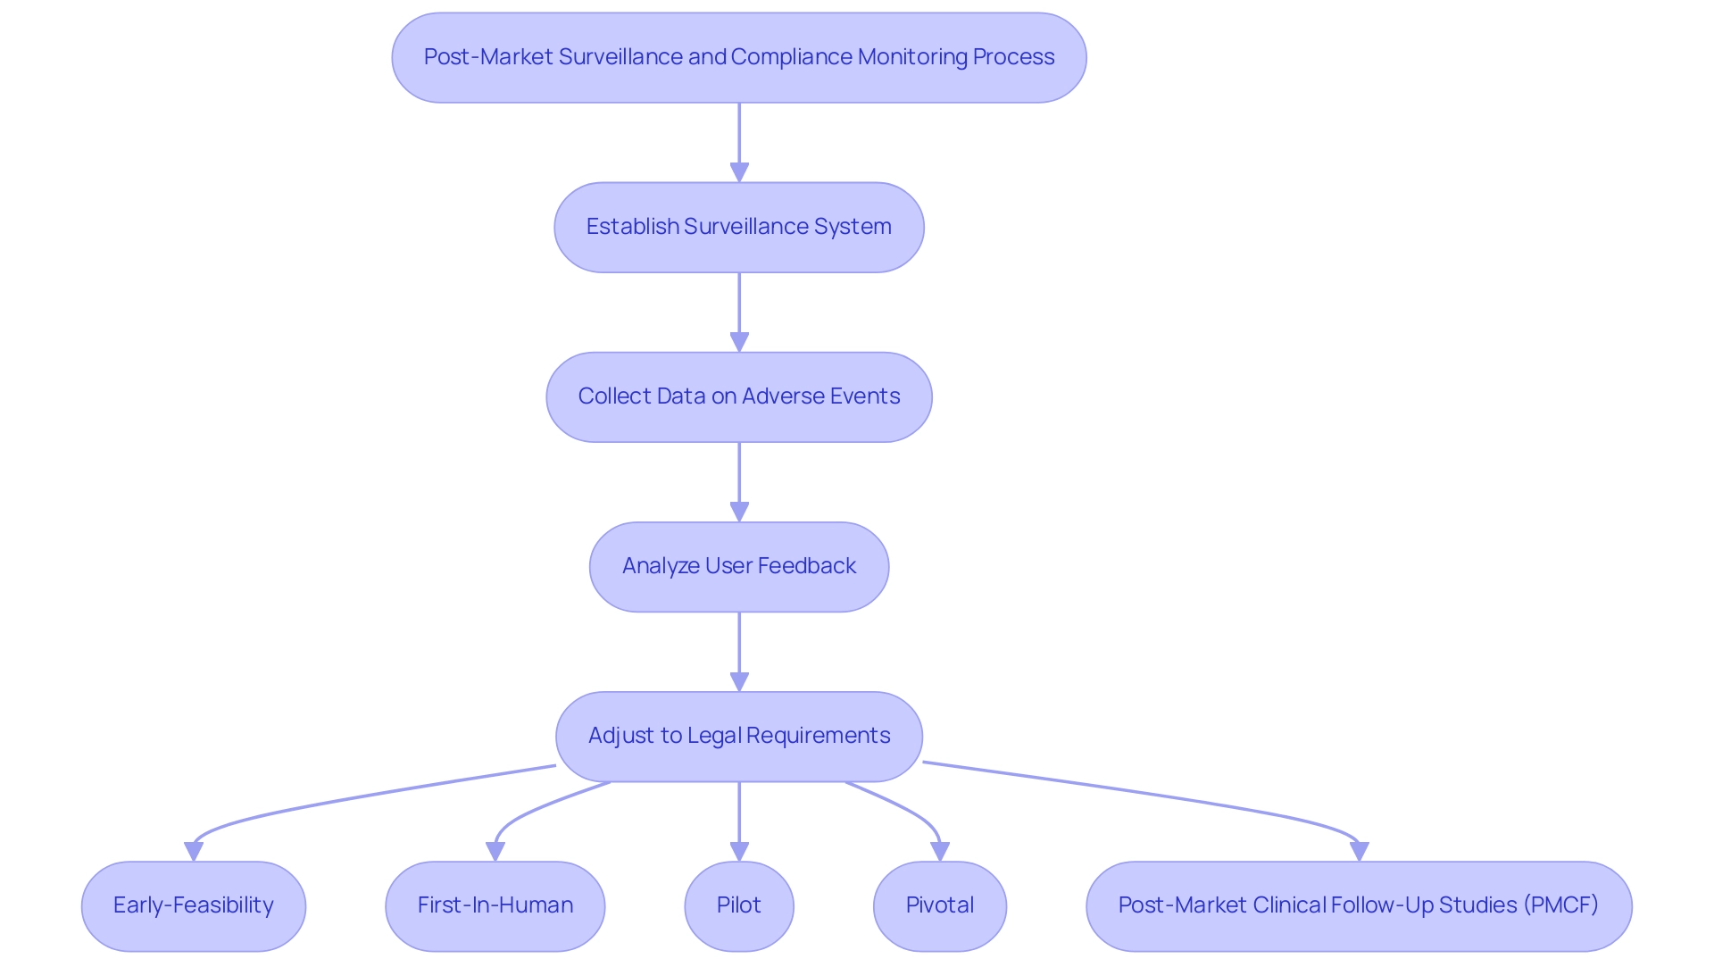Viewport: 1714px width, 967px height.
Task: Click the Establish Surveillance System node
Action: tap(738, 228)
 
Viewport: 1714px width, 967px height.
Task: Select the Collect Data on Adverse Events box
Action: tap(738, 397)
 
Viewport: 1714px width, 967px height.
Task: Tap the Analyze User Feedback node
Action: tap(738, 567)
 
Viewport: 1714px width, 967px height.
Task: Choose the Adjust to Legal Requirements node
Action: tap(738, 737)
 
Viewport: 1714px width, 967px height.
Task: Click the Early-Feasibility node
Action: tap(193, 906)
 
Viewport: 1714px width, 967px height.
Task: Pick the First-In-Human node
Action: tap(495, 906)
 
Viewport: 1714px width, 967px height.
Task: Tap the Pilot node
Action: tap(738, 906)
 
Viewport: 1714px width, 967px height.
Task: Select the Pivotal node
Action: tap(939, 906)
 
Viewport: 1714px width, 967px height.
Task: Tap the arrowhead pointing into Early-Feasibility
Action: tap(194, 851)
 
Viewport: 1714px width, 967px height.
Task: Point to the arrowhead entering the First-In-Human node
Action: tap(495, 851)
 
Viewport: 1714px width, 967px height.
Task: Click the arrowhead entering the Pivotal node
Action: tap(940, 851)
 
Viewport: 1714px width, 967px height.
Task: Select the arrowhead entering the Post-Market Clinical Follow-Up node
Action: tap(1359, 851)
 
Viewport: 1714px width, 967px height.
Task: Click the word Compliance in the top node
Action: tap(791, 57)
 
